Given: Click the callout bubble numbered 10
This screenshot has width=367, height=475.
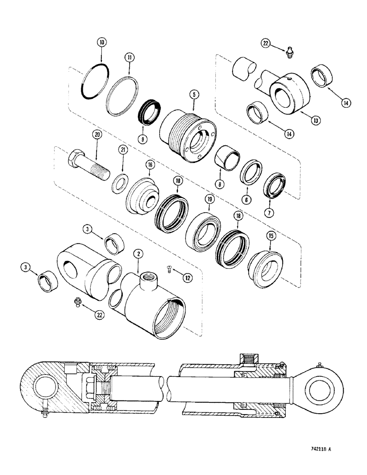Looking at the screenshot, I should (x=101, y=43).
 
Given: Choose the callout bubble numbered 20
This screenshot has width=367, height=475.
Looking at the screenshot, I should (x=97, y=135).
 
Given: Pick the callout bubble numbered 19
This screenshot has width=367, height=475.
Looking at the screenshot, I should (x=209, y=201).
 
